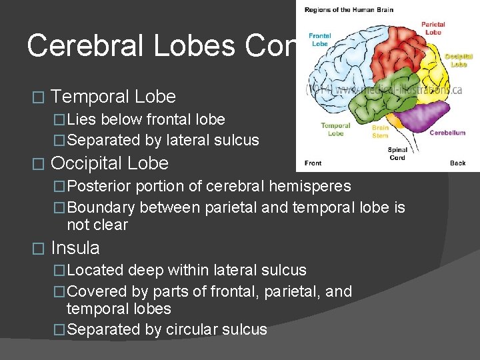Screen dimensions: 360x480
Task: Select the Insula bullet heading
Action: [75, 248]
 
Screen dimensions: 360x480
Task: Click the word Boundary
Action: [103, 207]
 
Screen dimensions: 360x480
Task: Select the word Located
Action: [95, 270]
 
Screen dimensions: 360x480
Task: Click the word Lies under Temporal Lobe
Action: [81, 119]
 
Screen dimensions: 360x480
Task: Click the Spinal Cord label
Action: [397, 153]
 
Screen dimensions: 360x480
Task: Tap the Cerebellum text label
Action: [447, 133]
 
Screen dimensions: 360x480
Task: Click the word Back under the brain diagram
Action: [457, 163]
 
